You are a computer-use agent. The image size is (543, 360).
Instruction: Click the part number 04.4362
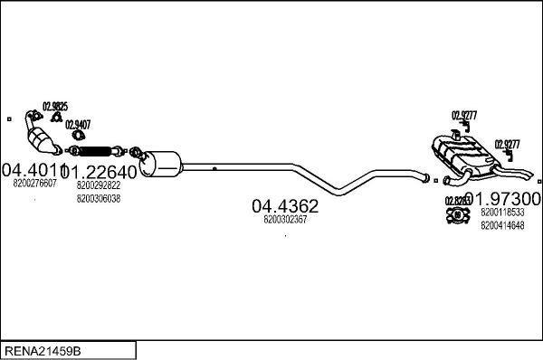pyautogui.click(x=284, y=205)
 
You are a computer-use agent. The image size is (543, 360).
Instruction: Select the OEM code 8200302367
pyautogui.click(x=284, y=220)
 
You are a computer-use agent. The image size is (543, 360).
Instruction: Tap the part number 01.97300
pyautogui.click(x=509, y=198)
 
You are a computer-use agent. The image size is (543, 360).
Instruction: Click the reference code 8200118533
pyautogui.click(x=503, y=213)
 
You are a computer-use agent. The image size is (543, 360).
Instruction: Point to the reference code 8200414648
pyautogui.click(x=503, y=226)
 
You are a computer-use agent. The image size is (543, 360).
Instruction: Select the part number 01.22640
pyautogui.click(x=102, y=171)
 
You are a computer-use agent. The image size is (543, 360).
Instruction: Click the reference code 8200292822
pyautogui.click(x=99, y=185)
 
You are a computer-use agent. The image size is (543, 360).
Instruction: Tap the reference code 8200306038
pyautogui.click(x=99, y=198)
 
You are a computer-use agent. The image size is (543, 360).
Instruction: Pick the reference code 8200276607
pyautogui.click(x=35, y=184)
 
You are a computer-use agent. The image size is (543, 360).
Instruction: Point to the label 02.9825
pyautogui.click(x=55, y=105)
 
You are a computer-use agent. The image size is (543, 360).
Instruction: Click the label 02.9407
pyautogui.click(x=78, y=125)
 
